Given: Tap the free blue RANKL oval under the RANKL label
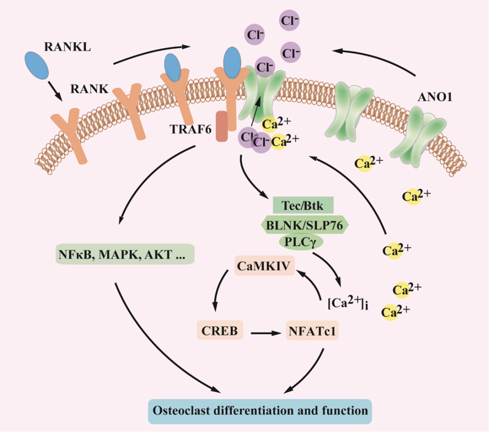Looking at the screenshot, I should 37,63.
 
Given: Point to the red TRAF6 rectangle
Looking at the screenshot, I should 222,127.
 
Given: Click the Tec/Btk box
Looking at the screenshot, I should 303,206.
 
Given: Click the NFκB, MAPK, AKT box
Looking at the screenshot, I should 124,254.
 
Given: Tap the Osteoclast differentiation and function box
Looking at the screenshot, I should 259,411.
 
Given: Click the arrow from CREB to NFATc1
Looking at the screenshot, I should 266,333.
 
